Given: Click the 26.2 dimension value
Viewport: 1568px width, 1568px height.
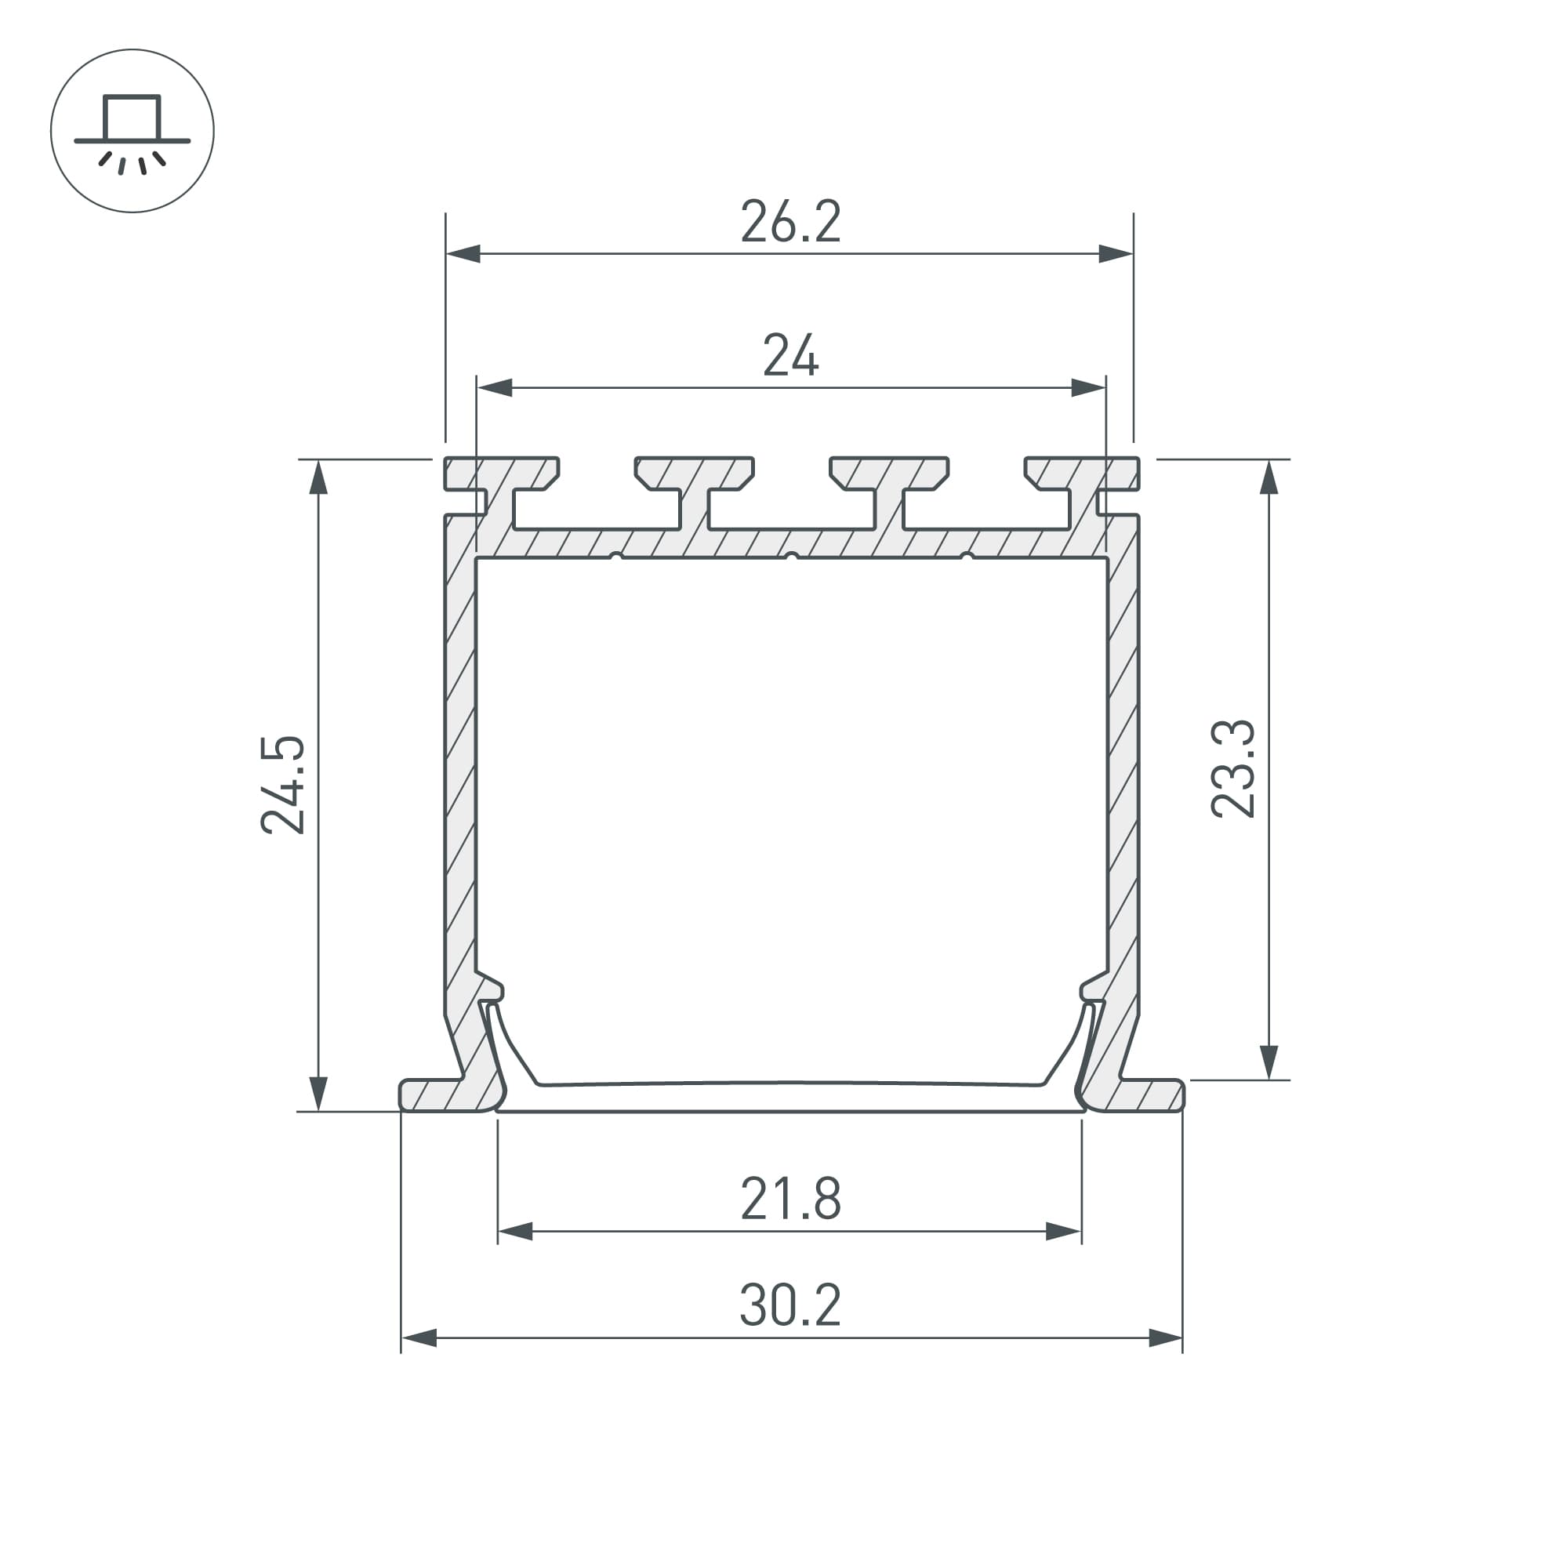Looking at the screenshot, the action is pos(790,222).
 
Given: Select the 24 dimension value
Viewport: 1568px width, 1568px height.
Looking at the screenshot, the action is pos(790,355).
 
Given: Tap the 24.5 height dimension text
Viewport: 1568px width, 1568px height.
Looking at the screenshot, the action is pos(283,785).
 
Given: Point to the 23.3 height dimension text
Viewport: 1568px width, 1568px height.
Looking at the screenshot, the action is pos(1232,768).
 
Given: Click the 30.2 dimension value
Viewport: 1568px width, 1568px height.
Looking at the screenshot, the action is pos(790,1306).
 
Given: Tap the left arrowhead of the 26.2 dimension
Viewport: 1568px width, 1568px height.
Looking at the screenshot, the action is pos(463,254).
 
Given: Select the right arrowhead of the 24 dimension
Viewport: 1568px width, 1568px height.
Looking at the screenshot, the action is pos(1088,388).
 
